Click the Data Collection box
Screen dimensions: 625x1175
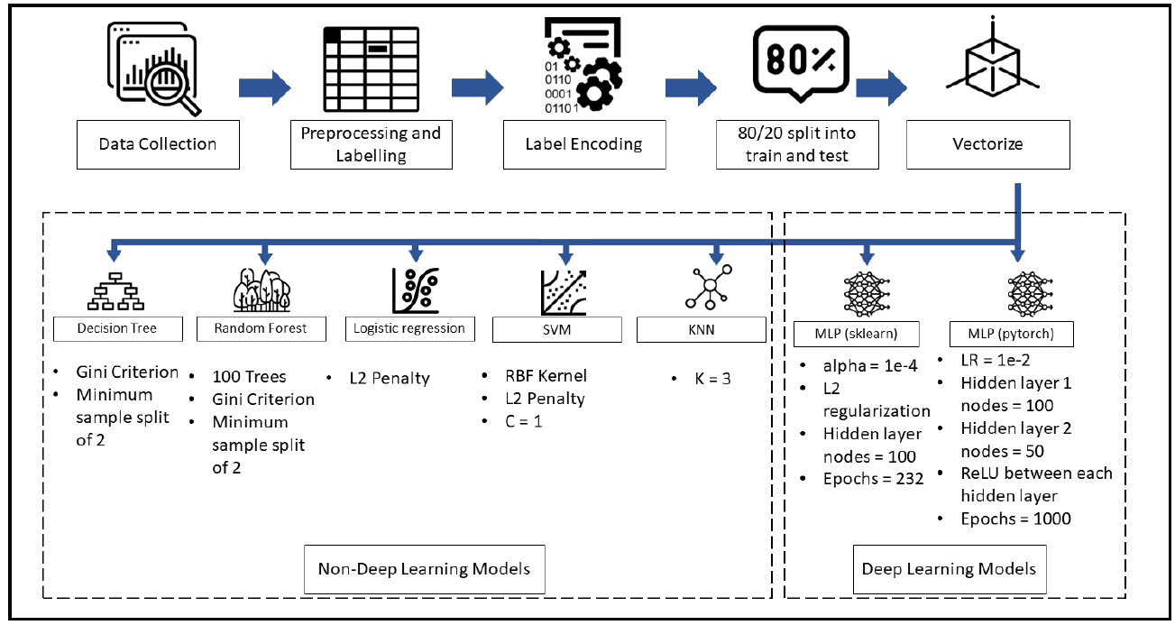[x=158, y=144]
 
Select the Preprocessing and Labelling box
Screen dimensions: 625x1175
[x=371, y=144]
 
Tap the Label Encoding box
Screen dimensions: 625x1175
[x=583, y=144]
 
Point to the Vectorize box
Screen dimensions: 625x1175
[x=988, y=144]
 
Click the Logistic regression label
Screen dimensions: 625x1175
[x=410, y=328]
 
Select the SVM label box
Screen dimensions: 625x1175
[x=559, y=329]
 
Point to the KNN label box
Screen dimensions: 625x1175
[x=702, y=329]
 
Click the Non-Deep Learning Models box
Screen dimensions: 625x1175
[x=424, y=568]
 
